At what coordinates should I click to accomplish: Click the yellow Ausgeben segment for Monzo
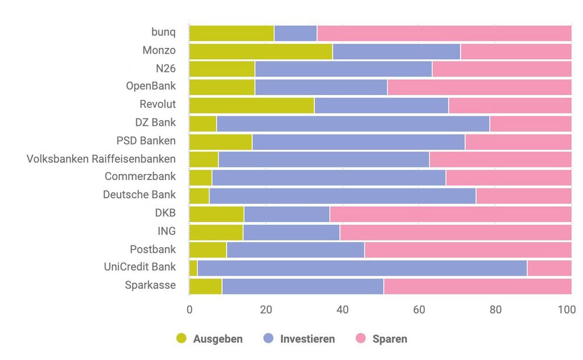pos(261,51)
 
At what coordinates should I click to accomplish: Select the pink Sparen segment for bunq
pos(444,34)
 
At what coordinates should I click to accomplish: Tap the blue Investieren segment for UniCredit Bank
pos(362,268)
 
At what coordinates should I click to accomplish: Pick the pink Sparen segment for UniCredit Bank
pos(549,268)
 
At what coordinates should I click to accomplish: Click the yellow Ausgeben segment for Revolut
pos(252,105)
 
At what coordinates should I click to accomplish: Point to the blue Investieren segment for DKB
pos(287,214)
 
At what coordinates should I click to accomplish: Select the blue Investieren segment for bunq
pos(295,34)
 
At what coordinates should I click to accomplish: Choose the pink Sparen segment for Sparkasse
pos(478,286)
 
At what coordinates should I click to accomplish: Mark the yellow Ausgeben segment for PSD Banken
pos(220,142)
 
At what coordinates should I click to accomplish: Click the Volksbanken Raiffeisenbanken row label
pos(101,158)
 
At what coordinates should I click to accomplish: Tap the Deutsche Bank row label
pos(139,195)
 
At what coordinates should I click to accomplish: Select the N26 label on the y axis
pos(166,68)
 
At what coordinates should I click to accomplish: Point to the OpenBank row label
pos(151,87)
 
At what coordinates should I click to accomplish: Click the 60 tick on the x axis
pos(419,310)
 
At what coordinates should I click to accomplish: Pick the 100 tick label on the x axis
pos(567,310)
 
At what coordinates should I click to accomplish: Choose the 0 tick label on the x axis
pos(190,310)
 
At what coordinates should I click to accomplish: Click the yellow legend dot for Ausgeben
pos(182,339)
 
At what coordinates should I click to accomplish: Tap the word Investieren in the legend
pos(307,339)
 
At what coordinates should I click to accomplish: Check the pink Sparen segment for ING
pos(455,232)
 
